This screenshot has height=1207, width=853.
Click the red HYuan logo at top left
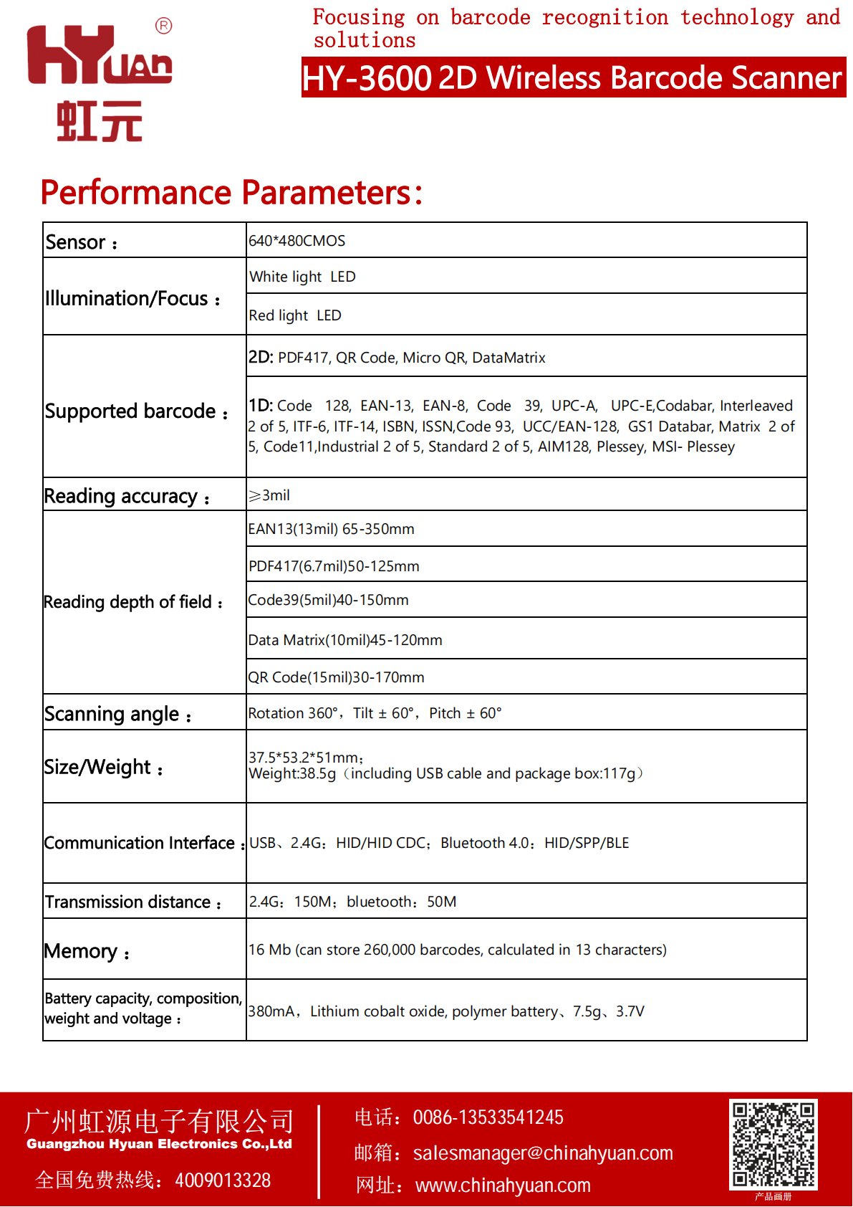click(99, 80)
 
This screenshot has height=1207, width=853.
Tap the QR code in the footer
click(773, 1144)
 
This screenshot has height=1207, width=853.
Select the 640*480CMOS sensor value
click(297, 241)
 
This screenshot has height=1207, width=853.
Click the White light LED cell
click(302, 277)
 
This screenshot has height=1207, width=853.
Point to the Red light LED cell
click(295, 315)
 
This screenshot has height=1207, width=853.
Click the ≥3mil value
click(269, 495)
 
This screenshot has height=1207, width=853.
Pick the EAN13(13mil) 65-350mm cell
click(331, 529)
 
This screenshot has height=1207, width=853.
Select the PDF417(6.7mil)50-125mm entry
click(334, 566)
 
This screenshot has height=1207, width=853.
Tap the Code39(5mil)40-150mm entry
click(328, 600)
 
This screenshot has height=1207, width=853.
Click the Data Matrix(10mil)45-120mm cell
click(345, 640)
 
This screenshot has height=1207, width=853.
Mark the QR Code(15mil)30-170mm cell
click(336, 677)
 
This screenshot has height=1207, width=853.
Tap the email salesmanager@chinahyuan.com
click(543, 1153)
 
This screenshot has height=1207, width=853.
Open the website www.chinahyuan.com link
click(503, 1185)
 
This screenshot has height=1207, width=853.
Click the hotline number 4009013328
click(223, 1180)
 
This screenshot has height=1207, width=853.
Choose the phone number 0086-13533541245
click(488, 1117)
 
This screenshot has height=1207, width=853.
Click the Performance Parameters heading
click(231, 192)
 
